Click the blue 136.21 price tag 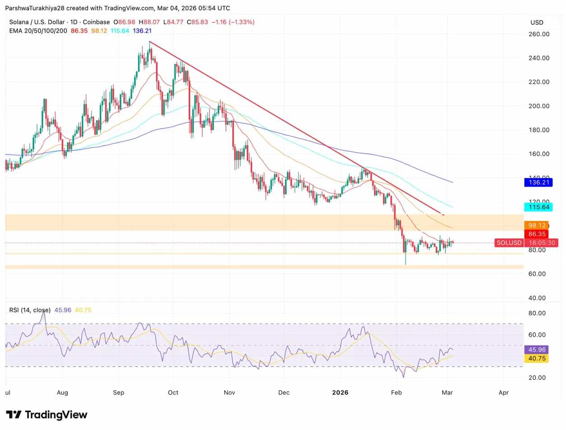point(536,183)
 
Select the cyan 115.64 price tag point(536,207)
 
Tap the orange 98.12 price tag point(536,225)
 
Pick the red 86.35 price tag point(536,234)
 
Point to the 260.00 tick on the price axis point(538,34)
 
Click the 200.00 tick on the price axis point(538,106)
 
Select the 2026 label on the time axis point(340,393)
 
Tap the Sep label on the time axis point(118,393)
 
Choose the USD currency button point(537,23)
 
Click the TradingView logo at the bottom point(47,415)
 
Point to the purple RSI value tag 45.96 point(536,350)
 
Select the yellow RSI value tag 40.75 point(536,359)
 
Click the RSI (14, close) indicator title point(30,310)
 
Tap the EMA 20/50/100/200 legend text point(38,30)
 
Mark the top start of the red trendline point(149,42)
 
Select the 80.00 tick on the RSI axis point(538,313)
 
